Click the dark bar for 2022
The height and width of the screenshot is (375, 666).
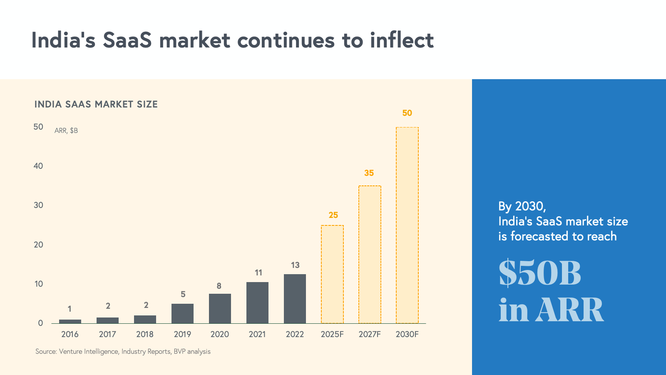295,298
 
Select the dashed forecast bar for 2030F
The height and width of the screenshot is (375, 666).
407,225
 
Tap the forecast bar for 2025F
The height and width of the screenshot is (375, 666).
332,274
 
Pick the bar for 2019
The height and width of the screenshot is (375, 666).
182,313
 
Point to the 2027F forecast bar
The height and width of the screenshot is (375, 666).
370,254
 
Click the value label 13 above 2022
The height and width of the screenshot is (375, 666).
295,265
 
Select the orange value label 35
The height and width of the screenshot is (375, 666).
369,173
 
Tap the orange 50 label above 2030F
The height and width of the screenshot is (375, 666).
407,113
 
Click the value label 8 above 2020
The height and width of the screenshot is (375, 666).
219,286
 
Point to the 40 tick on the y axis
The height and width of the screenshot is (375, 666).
38,166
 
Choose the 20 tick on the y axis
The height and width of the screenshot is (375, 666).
38,245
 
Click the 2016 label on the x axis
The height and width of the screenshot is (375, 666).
70,334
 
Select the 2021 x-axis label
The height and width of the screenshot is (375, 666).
257,334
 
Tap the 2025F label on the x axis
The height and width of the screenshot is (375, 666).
332,334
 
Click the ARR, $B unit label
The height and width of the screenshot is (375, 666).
66,130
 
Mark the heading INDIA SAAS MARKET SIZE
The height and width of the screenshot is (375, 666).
96,104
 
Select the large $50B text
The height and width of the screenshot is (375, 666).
540,273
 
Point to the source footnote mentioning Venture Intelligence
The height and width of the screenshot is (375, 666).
123,351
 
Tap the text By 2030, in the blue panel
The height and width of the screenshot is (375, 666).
522,206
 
